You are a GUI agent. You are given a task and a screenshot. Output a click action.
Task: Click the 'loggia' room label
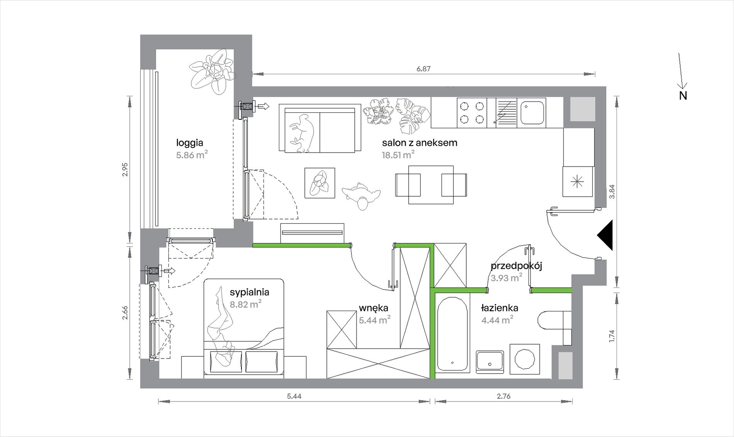[x=190, y=143]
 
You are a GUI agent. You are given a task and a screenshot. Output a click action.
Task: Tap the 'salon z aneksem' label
[x=420, y=143]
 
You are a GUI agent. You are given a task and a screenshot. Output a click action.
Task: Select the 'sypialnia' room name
[x=249, y=292]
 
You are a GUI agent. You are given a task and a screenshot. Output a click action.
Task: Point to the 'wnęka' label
[x=373, y=308]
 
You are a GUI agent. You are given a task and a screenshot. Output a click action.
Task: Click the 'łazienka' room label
[x=500, y=308]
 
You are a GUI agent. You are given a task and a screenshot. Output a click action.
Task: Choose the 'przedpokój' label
[x=517, y=266]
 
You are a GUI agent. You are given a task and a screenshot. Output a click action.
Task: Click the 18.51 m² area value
[x=398, y=155]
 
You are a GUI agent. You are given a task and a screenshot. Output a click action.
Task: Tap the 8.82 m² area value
[x=246, y=304]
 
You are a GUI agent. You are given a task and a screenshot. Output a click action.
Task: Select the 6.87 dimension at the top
[x=423, y=69]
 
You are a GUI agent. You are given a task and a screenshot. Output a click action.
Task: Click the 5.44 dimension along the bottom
[x=294, y=396]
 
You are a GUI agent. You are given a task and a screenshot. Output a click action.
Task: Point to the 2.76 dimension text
[x=504, y=396]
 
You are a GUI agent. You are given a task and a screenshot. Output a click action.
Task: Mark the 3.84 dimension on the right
[x=612, y=192]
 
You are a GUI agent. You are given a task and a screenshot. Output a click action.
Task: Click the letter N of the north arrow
[x=683, y=96]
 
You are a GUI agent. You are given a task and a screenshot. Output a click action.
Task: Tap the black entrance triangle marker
[x=605, y=235]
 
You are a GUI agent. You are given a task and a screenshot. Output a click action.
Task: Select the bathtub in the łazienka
[x=452, y=334]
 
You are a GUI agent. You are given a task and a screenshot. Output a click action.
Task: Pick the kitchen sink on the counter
[x=532, y=112]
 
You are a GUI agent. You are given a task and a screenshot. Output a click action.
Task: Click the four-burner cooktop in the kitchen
[x=472, y=112]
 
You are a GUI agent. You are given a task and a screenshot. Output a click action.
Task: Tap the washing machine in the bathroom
[x=525, y=359]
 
